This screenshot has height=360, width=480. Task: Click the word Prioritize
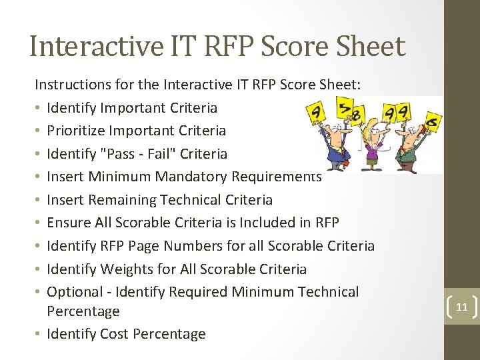[x=75, y=131]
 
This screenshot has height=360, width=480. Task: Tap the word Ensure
[x=69, y=223]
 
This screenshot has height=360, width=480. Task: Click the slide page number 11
[x=461, y=307]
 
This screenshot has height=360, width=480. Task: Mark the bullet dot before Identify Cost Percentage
[x=38, y=335]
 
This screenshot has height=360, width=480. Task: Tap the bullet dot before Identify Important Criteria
[x=38, y=108]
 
